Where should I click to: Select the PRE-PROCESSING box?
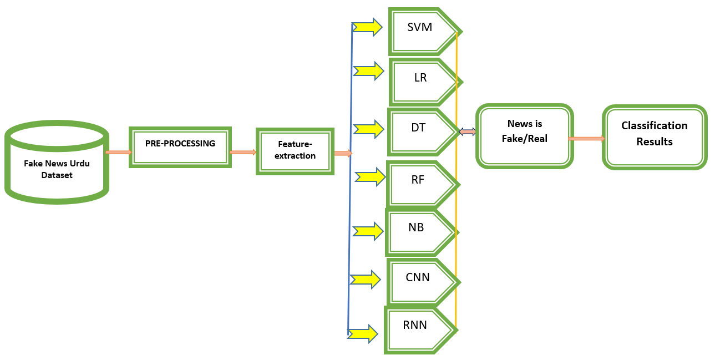(x=180, y=147)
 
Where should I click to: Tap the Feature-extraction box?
(x=295, y=151)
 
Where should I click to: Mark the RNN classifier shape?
(x=419, y=329)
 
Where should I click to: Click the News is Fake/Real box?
(x=524, y=136)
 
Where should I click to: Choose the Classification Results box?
(x=655, y=136)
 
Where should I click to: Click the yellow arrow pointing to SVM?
(x=368, y=26)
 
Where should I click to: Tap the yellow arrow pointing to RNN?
(x=363, y=333)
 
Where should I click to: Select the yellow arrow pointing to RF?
(x=370, y=177)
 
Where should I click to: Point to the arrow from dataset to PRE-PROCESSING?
(x=118, y=152)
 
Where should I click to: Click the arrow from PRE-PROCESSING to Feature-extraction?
(x=243, y=152)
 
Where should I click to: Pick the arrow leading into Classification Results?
(x=587, y=139)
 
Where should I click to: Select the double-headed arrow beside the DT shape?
(x=468, y=131)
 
